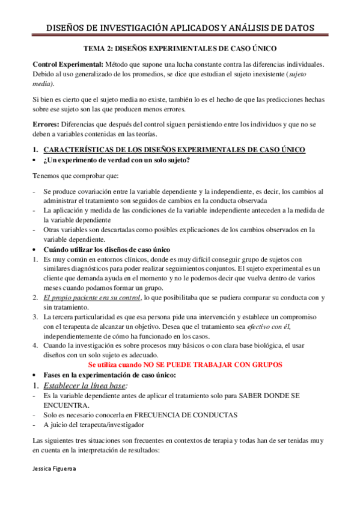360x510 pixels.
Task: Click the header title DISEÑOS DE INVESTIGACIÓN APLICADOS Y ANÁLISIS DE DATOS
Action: click(x=180, y=28)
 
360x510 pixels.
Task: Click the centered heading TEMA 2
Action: click(x=180, y=52)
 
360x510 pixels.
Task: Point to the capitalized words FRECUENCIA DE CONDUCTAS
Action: click(x=186, y=415)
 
